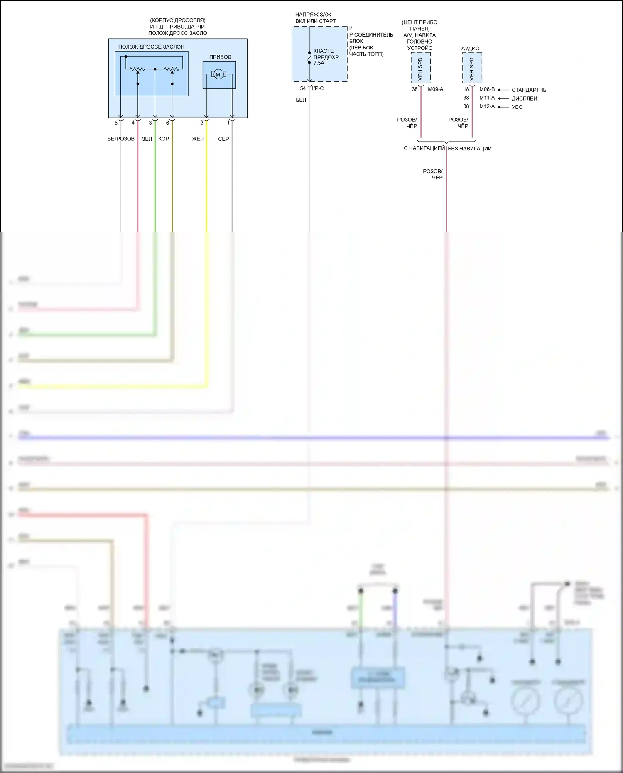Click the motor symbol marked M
(x=218, y=75)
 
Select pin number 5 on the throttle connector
(x=116, y=123)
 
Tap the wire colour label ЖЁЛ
(x=198, y=139)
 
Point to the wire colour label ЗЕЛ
(x=147, y=139)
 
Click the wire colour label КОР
(x=164, y=139)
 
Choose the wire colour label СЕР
(x=223, y=139)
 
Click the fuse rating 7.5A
(x=319, y=63)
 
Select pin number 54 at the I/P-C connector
(x=303, y=88)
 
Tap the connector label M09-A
(x=435, y=89)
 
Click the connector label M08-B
(x=487, y=89)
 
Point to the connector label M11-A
(x=487, y=98)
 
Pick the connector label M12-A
(x=487, y=106)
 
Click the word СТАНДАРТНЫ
(x=529, y=90)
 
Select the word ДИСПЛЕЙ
(x=524, y=98)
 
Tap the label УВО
(x=517, y=107)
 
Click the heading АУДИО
(x=470, y=49)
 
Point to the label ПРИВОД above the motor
(x=220, y=57)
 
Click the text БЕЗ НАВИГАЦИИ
(x=470, y=149)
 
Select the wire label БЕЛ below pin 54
(x=301, y=100)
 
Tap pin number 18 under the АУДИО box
(x=466, y=89)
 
